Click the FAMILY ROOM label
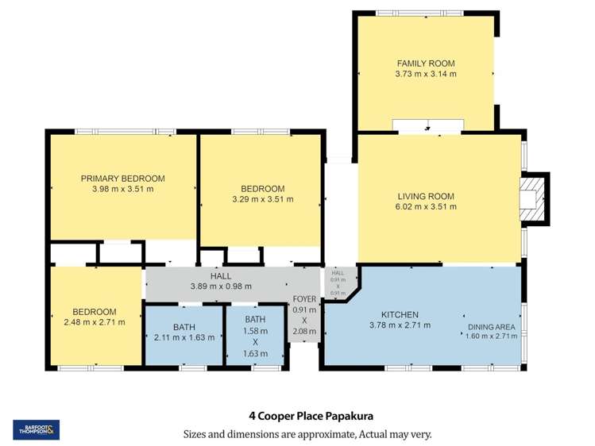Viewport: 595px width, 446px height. [x=425, y=63]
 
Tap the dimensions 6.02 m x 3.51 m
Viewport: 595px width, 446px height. [x=425, y=207]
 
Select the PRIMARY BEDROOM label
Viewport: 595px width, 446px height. [x=122, y=179]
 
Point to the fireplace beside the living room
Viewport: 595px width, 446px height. [x=531, y=195]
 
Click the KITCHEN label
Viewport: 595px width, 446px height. [x=400, y=314]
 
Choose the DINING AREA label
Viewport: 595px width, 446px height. [x=491, y=326]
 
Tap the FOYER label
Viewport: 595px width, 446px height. [x=304, y=299]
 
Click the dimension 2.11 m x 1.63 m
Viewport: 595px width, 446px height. [x=179, y=337]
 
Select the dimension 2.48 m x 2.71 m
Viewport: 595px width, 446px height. [x=94, y=323]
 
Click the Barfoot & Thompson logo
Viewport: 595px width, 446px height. [x=36, y=429]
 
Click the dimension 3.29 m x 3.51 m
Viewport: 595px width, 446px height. [x=261, y=199]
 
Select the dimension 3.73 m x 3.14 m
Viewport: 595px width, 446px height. [x=425, y=74]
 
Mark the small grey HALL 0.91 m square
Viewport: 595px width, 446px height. [x=338, y=282]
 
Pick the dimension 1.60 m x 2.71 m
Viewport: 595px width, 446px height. [x=491, y=336]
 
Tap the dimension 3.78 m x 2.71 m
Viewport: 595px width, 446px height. [x=400, y=325]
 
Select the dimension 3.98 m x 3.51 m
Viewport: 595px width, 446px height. [x=122, y=189]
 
